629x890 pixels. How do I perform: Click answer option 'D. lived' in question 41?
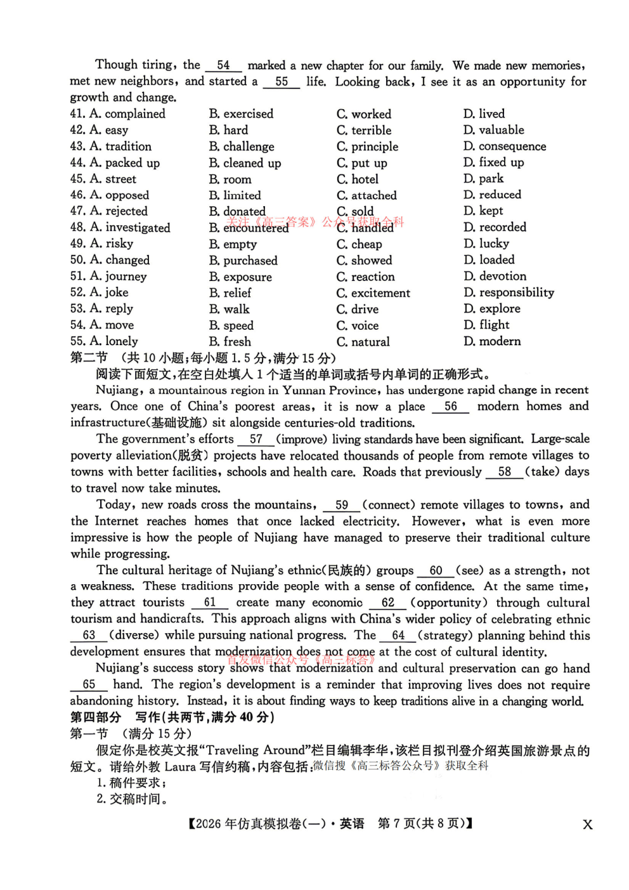point(484,114)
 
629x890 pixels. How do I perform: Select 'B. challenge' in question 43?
point(242,147)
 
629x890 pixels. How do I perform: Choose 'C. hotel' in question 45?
point(358,180)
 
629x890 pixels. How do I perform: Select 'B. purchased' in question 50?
point(243,261)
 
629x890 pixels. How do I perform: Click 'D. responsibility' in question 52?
point(509,292)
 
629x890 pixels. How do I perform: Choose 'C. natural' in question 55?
point(363,342)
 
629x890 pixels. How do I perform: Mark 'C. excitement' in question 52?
point(373,293)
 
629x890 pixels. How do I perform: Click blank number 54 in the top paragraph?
point(223,65)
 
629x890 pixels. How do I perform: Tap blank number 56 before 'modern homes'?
point(450,407)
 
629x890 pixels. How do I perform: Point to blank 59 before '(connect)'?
point(342,505)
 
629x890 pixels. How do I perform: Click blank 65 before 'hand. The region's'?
point(89,684)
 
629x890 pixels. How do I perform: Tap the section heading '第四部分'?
point(95,717)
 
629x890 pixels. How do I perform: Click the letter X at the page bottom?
point(588,825)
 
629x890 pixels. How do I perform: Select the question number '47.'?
point(78,211)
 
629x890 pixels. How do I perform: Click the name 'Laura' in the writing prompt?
point(180,766)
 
